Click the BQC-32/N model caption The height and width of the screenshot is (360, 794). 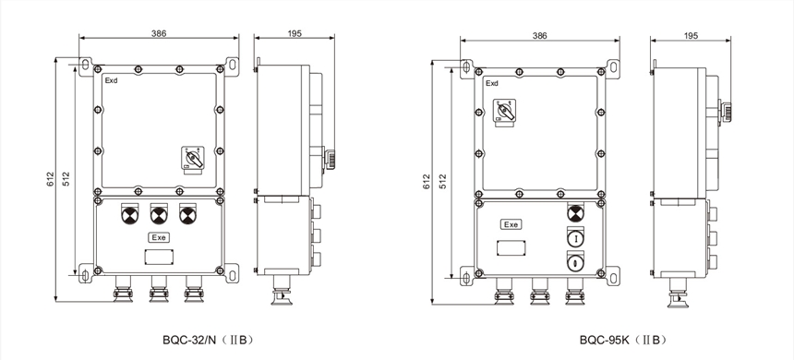click(207, 340)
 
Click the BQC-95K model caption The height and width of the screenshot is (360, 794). click(622, 340)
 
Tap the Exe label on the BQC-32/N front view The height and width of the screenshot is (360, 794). click(159, 237)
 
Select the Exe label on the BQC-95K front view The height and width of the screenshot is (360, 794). click(511, 224)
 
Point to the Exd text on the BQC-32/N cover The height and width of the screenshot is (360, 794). click(111, 80)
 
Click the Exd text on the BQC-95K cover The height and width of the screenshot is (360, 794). click(492, 84)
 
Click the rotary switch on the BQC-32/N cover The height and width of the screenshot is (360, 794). click(192, 161)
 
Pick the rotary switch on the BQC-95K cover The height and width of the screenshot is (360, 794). click(505, 113)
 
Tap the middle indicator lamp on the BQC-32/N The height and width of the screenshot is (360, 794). click(159, 215)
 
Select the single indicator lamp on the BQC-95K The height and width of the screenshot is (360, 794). click(575, 212)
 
